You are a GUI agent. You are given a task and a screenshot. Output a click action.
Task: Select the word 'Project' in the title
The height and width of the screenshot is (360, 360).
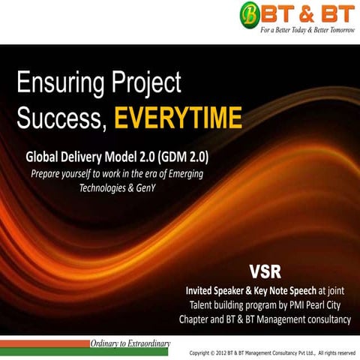pyautogui.click(x=154, y=85)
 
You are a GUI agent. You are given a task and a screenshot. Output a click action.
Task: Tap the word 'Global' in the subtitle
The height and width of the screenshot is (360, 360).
pyautogui.click(x=46, y=158)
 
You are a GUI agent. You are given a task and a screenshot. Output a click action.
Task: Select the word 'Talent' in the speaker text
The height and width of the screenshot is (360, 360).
pyautogui.click(x=202, y=304)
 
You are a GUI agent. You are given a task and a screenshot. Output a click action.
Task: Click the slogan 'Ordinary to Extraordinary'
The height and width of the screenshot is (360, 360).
pyautogui.click(x=130, y=343)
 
